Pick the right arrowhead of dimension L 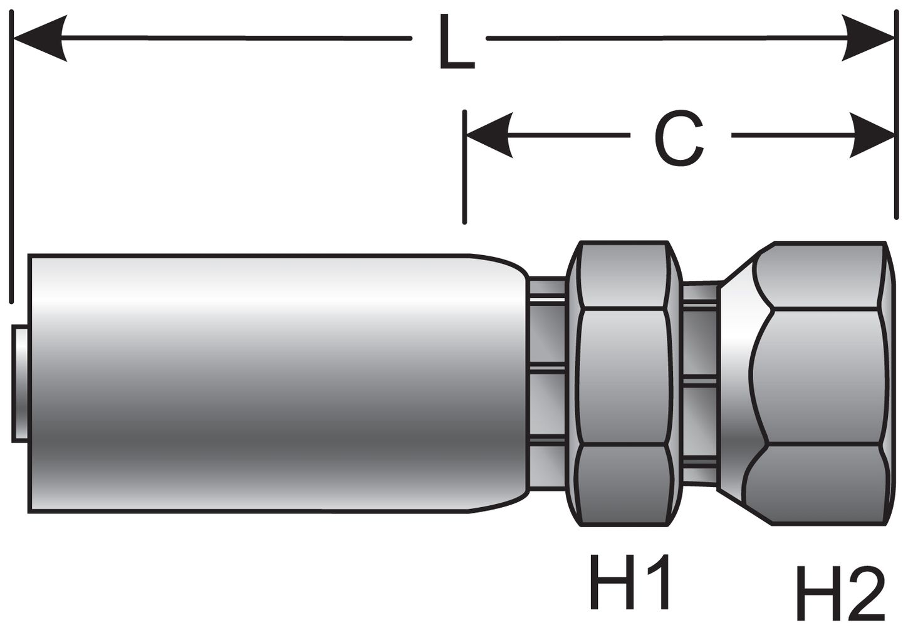click(x=868, y=38)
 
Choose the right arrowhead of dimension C click(x=871, y=135)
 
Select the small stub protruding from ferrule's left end click(x=20, y=383)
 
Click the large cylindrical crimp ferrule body click(x=251, y=383)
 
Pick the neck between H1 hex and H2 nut click(x=701, y=383)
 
